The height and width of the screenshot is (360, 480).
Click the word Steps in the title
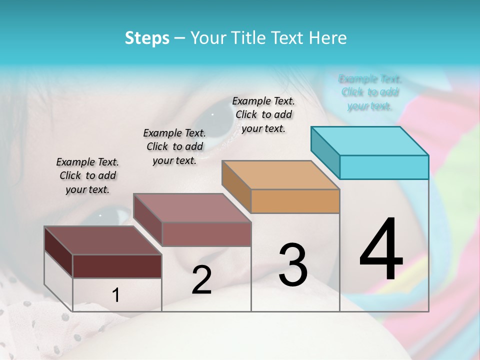pyautogui.click(x=147, y=38)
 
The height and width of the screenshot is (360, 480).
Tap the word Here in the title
pyautogui.click(x=328, y=38)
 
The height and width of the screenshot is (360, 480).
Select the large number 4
pyautogui.click(x=381, y=250)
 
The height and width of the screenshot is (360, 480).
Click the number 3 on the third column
pyautogui.click(x=293, y=265)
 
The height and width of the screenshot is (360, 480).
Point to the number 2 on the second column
pyautogui.click(x=201, y=280)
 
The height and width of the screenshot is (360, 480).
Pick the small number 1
pyautogui.click(x=115, y=295)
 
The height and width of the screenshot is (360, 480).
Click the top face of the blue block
pyautogui.click(x=369, y=141)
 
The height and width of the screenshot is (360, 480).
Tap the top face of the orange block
pyautogui.click(x=280, y=175)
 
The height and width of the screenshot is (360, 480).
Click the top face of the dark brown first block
pyautogui.click(x=102, y=240)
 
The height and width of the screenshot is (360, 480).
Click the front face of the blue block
pyautogui.click(x=384, y=167)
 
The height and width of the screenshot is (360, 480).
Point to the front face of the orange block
pyautogui.click(x=295, y=201)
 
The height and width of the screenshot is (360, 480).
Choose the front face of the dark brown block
pyautogui.click(x=117, y=266)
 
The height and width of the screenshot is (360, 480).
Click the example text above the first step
pyautogui.click(x=87, y=175)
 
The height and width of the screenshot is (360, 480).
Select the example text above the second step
pyautogui.click(x=174, y=146)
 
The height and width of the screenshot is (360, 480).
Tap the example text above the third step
pyautogui.click(x=263, y=114)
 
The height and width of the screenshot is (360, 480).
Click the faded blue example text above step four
pyautogui.click(x=370, y=92)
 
